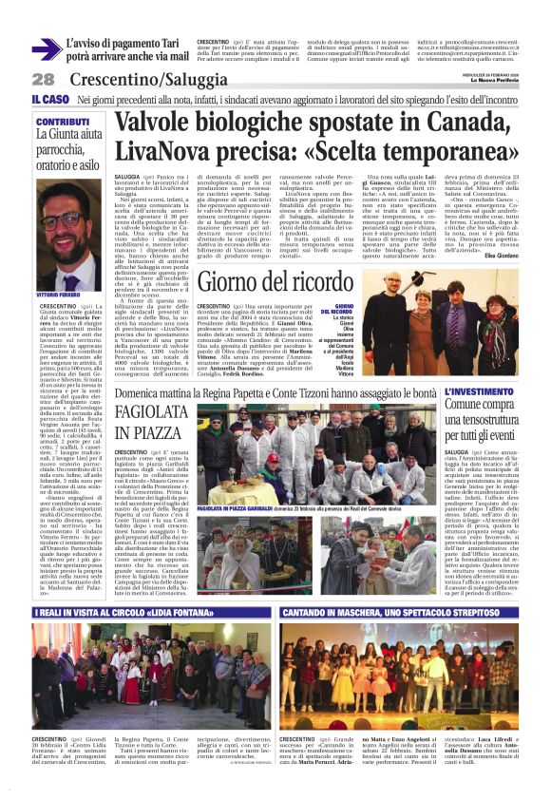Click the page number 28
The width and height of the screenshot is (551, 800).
coord(43,79)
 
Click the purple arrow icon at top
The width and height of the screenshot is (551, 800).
coord(46,49)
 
